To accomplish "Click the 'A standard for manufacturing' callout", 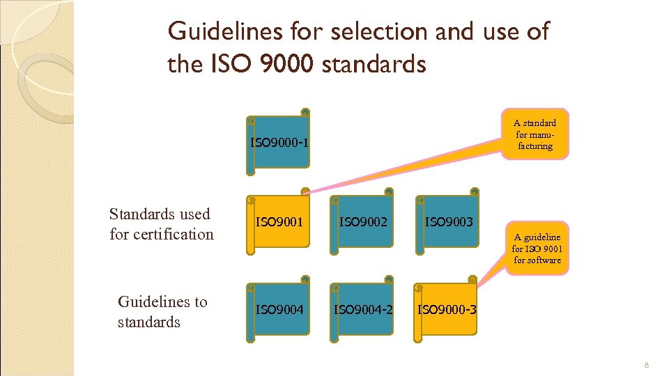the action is [x=535, y=134].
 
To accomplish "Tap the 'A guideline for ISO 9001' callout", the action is [x=537, y=249].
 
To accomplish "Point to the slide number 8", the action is [x=647, y=365].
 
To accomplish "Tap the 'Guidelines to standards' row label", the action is [x=162, y=311].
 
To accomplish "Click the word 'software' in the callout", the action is [x=537, y=260].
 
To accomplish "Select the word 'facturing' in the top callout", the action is [x=535, y=146].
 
